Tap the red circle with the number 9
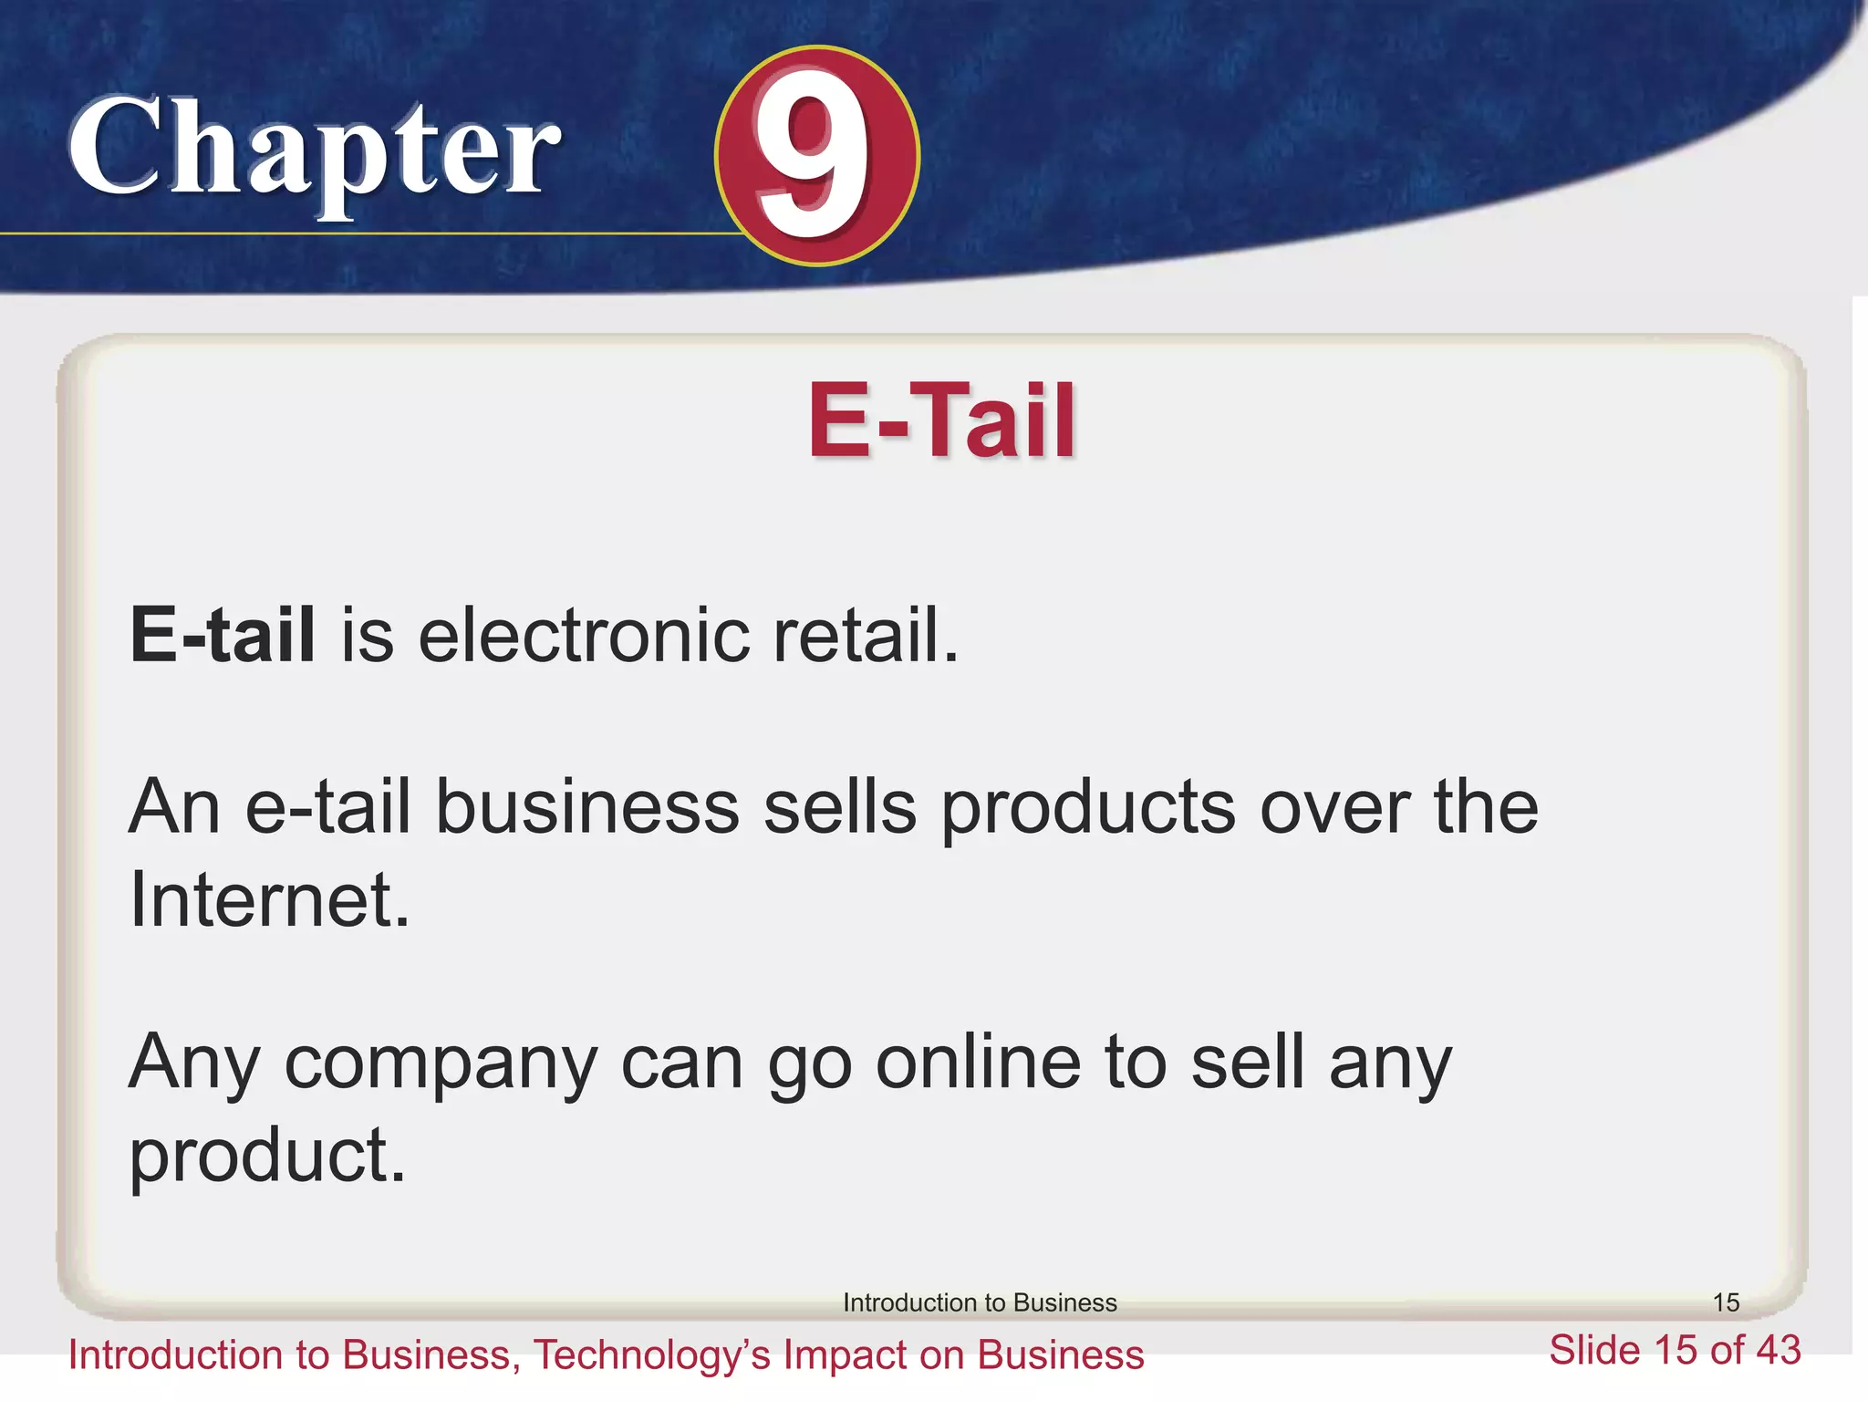816,156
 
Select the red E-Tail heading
941,420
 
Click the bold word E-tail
223,635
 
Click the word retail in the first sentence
865,635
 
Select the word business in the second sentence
587,807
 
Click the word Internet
269,899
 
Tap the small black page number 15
1726,1302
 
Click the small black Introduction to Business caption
980,1302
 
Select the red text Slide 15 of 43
1675,1351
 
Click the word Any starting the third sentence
194,1064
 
